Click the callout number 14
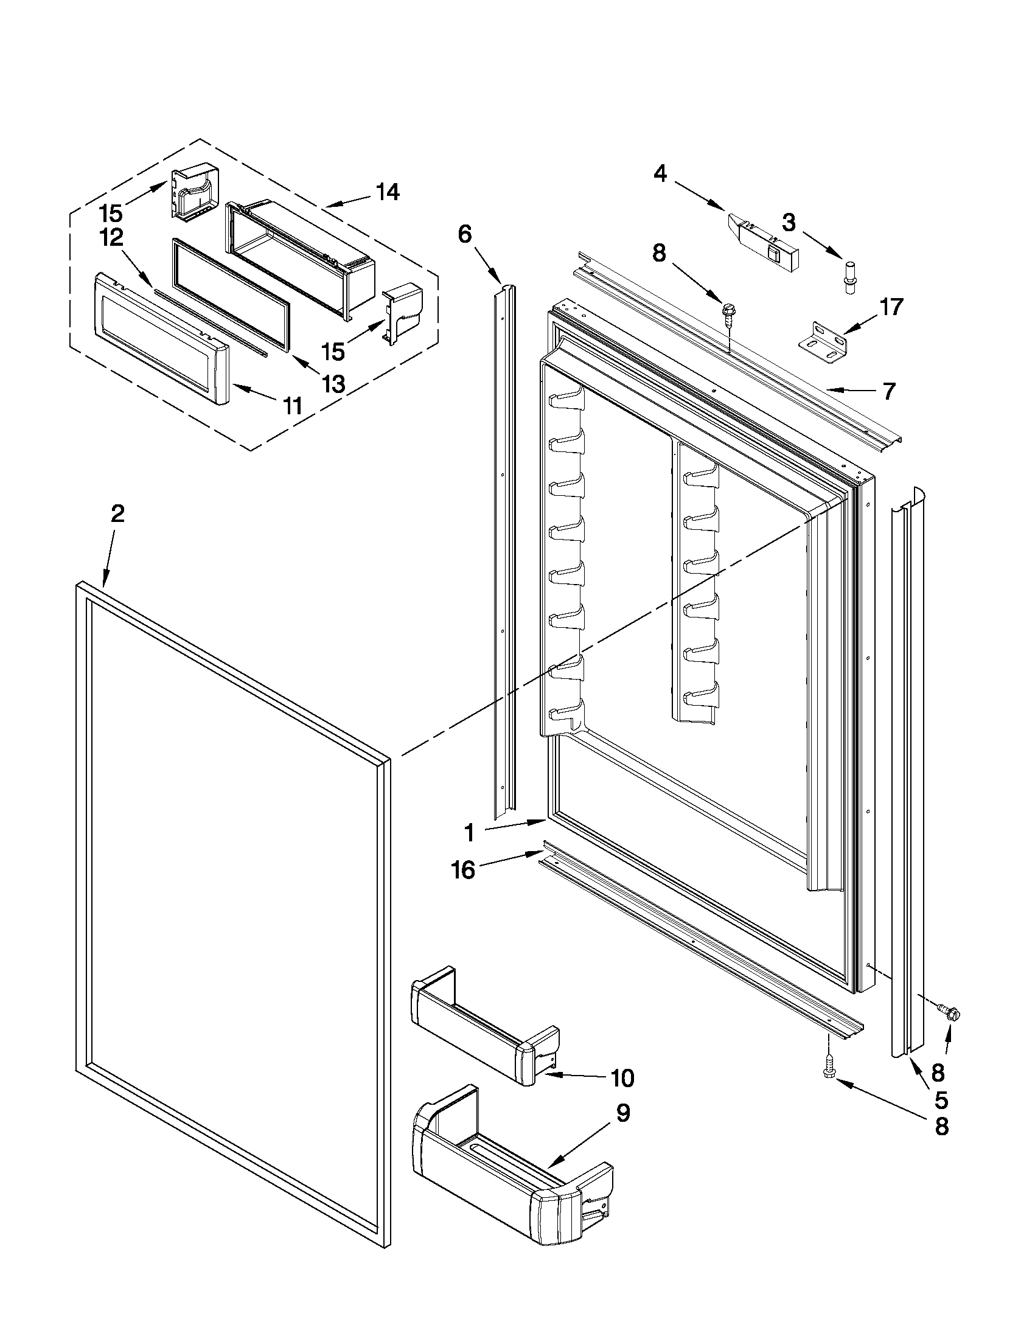(388, 192)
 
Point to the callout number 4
(660, 174)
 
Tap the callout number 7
(890, 391)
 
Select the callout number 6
(465, 234)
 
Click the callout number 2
(117, 514)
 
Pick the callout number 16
(464, 869)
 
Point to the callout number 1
(469, 833)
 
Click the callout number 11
(293, 405)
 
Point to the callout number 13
(333, 384)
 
